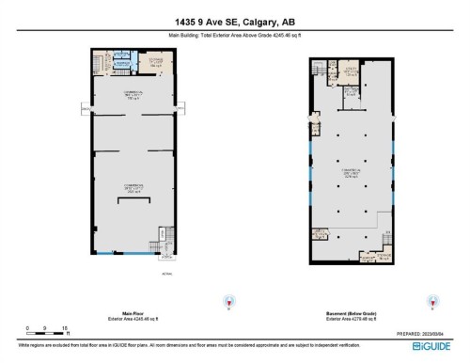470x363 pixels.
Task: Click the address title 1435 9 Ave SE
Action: [235, 23]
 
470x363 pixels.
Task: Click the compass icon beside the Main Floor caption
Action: [226, 303]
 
